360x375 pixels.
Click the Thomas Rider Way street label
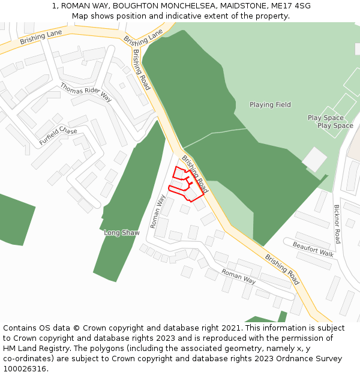point(86,92)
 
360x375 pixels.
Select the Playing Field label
point(270,105)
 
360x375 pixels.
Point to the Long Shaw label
point(122,233)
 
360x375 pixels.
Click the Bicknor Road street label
point(337,224)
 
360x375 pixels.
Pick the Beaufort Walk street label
point(313,248)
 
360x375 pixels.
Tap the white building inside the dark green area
point(314,160)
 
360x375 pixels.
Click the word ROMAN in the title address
point(74,6)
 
